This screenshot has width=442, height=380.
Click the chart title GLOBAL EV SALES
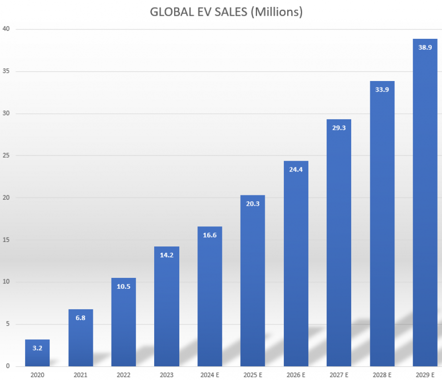(x=199, y=12)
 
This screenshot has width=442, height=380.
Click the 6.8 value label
(x=81, y=318)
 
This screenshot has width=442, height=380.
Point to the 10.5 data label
(x=124, y=286)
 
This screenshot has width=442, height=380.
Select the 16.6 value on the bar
(x=210, y=235)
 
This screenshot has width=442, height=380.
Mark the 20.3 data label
(x=253, y=204)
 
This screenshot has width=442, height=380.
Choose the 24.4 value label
(x=296, y=169)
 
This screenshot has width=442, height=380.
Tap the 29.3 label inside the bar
(x=339, y=128)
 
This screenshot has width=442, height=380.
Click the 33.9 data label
(x=382, y=89)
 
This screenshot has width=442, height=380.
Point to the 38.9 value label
(x=425, y=47)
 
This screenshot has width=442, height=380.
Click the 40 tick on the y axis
(x=7, y=29)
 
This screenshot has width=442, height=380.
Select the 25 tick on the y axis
(x=7, y=156)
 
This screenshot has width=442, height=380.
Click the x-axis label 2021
(x=81, y=375)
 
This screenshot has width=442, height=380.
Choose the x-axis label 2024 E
(x=210, y=375)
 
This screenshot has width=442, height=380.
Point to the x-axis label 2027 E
(x=339, y=375)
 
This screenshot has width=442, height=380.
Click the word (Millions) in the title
(x=276, y=12)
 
